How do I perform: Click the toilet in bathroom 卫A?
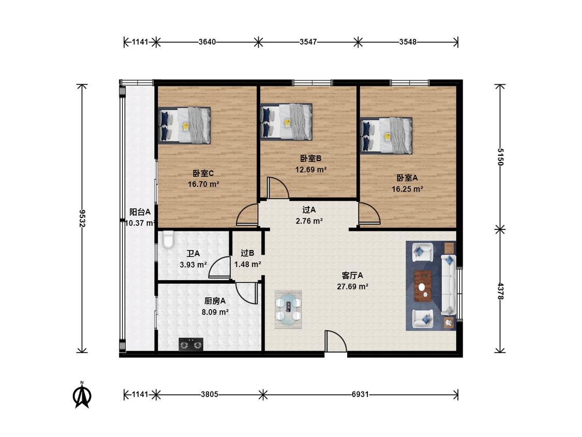[168, 240]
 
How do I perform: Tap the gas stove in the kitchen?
[191, 344]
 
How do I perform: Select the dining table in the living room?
[288, 310]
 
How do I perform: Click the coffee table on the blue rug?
[423, 286]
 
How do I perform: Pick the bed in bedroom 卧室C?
[185, 125]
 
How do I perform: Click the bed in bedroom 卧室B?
[286, 122]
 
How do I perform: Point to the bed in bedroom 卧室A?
[386, 136]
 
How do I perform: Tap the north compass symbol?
[82, 395]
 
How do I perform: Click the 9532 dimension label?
[82, 218]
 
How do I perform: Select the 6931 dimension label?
[360, 394]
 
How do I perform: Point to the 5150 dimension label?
[500, 157]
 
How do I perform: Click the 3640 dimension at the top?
[207, 42]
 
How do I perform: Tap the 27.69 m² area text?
[352, 286]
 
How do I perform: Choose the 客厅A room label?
[352, 276]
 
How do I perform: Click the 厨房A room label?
[215, 301]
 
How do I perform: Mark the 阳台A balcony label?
[140, 212]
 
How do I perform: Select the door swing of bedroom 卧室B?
[278, 187]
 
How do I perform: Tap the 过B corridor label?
[247, 253]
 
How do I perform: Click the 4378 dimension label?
[500, 292]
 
